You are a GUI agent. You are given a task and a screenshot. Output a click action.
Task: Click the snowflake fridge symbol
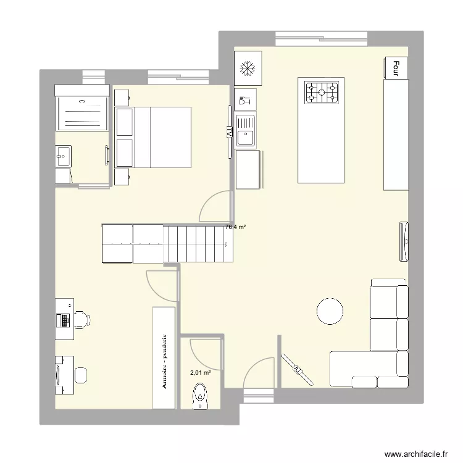coord(248,69)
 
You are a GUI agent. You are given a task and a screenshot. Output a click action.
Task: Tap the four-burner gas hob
coord(322,93)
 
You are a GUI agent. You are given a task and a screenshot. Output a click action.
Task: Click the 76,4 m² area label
coord(235,227)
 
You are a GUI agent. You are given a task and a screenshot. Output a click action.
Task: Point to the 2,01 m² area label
coord(200,372)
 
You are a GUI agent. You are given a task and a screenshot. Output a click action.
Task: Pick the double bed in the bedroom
coord(162,137)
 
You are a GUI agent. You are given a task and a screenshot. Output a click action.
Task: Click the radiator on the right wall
coord(404,240)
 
